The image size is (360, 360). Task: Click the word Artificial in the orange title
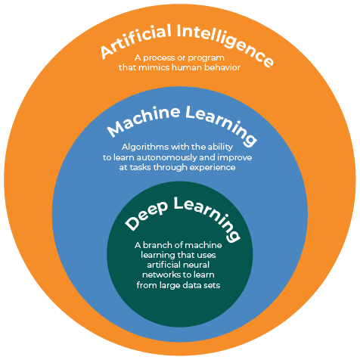click(x=136, y=40)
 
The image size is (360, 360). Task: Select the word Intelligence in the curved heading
click(x=225, y=43)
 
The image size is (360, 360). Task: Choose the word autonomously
click(x=166, y=158)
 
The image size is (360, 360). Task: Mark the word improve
click(x=234, y=158)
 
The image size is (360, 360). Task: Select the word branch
click(x=157, y=245)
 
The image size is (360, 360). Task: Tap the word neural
click(x=197, y=265)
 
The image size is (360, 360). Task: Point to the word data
click(x=191, y=285)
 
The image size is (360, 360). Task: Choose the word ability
click(x=220, y=147)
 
